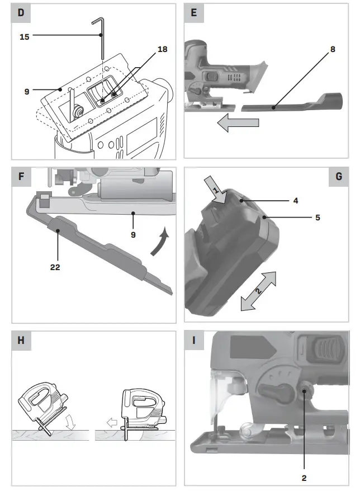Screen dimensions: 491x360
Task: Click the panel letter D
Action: click(21, 12)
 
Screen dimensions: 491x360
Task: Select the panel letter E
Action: click(193, 12)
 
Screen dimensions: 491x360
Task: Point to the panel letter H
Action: click(21, 340)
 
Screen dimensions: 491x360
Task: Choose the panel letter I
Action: click(193, 340)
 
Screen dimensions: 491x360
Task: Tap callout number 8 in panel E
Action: click(333, 49)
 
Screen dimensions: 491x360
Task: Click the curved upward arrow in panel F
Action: click(162, 242)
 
